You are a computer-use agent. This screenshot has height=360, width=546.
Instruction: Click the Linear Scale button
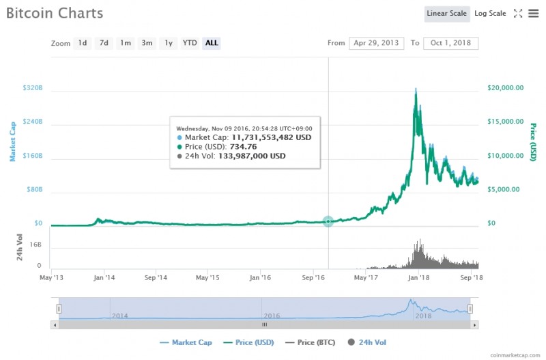click(446, 14)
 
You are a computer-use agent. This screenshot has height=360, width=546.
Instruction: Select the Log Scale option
click(490, 14)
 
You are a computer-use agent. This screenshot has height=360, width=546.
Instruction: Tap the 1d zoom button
click(83, 43)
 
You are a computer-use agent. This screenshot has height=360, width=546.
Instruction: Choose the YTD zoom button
click(190, 43)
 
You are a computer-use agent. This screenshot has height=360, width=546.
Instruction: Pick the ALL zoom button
click(212, 43)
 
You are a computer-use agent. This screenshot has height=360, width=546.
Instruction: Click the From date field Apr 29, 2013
click(376, 43)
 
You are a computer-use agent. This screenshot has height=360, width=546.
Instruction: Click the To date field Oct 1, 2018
click(450, 43)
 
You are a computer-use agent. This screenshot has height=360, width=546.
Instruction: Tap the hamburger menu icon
click(533, 14)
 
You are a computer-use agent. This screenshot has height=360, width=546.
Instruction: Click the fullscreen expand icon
click(517, 14)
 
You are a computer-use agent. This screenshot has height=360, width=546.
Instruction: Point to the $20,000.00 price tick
click(506, 88)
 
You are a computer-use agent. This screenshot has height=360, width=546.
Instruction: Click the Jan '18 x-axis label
click(418, 277)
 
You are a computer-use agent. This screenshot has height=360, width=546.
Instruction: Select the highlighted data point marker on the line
click(328, 221)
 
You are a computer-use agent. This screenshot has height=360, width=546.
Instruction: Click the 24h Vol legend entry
click(371, 342)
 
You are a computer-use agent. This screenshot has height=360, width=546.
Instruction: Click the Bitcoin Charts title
click(55, 13)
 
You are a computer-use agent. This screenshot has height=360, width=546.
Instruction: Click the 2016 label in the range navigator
click(272, 316)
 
